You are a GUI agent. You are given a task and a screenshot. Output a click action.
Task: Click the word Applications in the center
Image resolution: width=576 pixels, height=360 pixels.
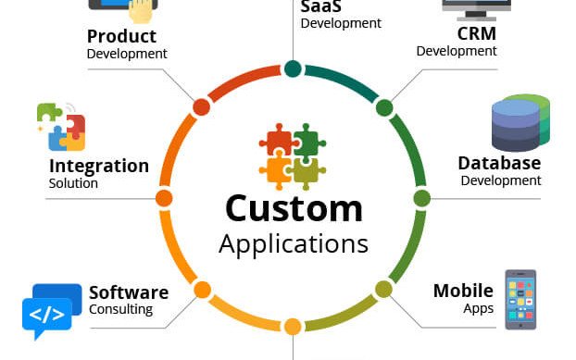click(x=293, y=243)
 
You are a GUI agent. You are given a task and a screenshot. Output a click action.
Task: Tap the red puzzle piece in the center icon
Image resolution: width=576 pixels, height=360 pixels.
click(x=277, y=142)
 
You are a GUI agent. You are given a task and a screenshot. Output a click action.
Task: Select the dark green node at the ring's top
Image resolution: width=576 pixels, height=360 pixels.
click(x=293, y=68)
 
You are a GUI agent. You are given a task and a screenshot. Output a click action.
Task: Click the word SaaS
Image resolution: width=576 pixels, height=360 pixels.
click(x=319, y=7)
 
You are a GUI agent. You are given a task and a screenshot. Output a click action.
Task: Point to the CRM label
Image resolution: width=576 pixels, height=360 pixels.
click(x=476, y=33)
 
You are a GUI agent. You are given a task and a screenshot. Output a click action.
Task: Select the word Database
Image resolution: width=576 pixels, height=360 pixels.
click(x=499, y=163)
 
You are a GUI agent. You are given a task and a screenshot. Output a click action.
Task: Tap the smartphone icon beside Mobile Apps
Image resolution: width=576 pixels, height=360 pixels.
click(x=520, y=299)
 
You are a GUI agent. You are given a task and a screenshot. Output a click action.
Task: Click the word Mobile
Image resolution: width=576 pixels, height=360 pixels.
click(x=463, y=291)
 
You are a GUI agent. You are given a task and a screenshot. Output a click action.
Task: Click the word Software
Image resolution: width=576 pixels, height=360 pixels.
click(x=129, y=292)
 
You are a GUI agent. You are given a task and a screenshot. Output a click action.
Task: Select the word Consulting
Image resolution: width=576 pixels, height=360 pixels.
click(x=120, y=309)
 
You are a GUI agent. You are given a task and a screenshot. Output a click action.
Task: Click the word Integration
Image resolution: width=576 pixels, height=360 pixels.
click(x=98, y=166)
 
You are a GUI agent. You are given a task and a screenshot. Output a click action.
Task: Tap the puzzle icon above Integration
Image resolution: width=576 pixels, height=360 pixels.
click(x=61, y=127)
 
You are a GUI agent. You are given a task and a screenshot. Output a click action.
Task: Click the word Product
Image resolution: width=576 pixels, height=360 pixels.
click(x=121, y=36)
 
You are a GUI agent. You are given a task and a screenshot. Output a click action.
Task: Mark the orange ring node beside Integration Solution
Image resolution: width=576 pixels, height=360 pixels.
click(x=164, y=198)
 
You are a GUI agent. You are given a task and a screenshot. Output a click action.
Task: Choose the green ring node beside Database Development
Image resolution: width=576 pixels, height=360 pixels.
click(x=421, y=198)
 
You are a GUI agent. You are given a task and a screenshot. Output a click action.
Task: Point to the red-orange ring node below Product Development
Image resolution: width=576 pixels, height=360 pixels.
click(x=201, y=107)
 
